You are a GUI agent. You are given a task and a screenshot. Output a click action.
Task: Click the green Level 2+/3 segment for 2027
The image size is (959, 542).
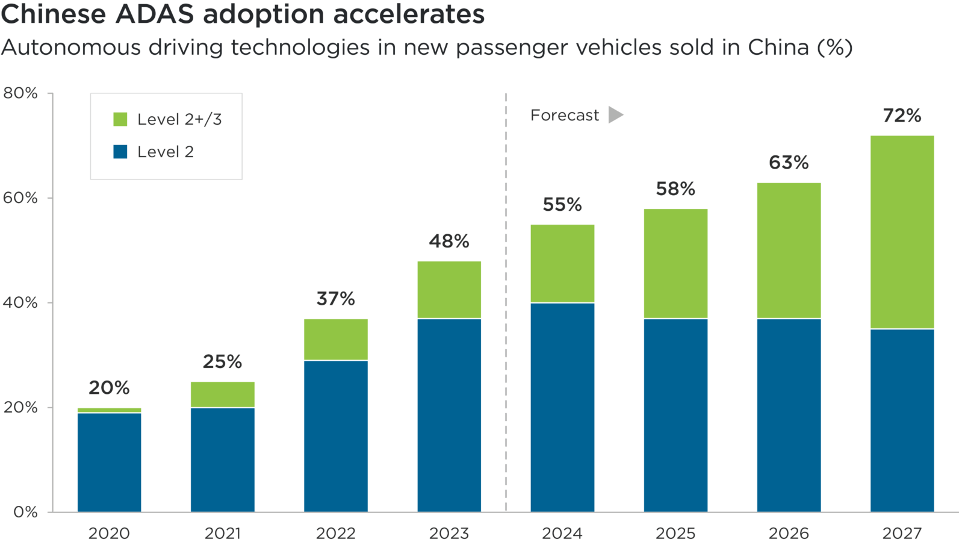tap(902, 232)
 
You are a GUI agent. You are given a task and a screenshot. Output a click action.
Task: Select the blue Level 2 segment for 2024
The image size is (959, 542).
tap(562, 407)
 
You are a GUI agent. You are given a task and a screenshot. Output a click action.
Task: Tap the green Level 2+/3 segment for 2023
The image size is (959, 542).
tap(449, 289)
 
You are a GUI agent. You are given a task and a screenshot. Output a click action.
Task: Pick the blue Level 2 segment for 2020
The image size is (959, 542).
tap(109, 462)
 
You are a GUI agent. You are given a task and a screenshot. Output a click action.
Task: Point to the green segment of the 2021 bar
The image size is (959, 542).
tap(222, 394)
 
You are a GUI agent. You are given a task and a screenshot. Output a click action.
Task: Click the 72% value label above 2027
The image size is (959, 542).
tap(902, 115)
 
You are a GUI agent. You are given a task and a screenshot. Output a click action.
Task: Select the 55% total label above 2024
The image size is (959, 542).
tap(562, 205)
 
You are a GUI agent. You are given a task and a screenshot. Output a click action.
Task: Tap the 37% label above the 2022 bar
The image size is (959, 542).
tap(335, 299)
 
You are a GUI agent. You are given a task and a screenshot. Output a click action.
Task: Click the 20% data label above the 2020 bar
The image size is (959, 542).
tap(109, 388)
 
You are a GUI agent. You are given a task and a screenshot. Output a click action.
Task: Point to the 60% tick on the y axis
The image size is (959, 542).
tap(20, 198)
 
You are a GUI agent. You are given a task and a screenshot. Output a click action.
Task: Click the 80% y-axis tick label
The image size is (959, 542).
tap(20, 93)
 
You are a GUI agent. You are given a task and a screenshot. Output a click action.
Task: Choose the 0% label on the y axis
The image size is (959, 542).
tap(25, 512)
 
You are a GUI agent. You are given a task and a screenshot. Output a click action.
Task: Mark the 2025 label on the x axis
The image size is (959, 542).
tap(675, 533)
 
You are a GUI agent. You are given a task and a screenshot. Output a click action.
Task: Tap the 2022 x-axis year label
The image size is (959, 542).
tap(335, 533)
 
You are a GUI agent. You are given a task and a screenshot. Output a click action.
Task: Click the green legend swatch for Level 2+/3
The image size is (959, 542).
tap(120, 119)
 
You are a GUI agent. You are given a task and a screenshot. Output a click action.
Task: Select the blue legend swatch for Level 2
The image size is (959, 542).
tap(120, 152)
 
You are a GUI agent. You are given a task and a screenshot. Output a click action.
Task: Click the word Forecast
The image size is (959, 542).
tap(565, 115)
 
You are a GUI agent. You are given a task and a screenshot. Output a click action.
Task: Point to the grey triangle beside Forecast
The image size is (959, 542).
tap(615, 114)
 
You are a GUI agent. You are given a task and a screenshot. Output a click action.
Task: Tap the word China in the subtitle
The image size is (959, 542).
tap(778, 48)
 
